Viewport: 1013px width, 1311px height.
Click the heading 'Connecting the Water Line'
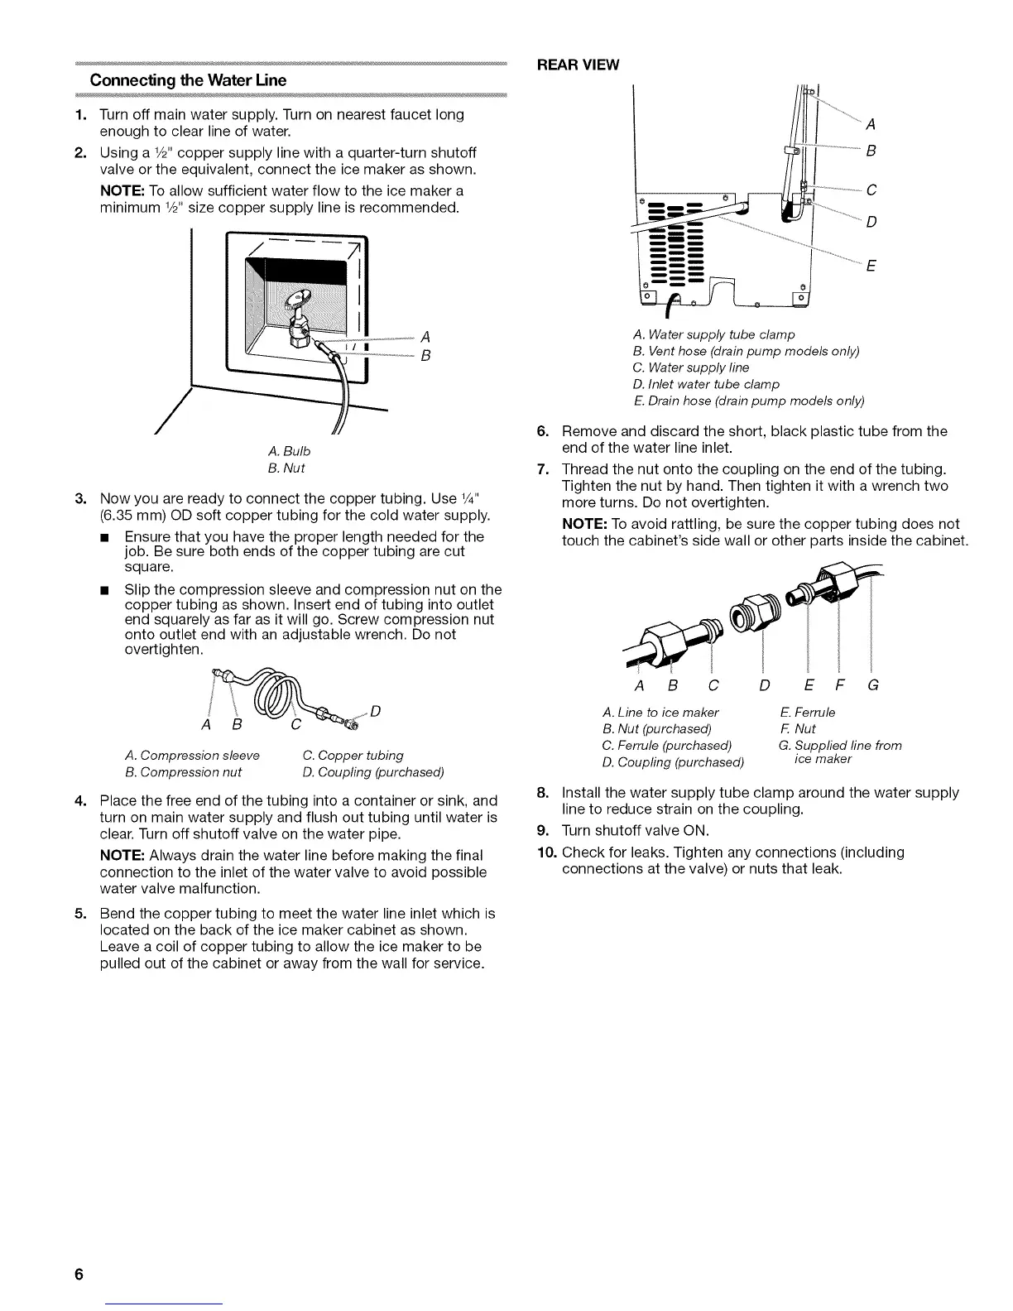pos(188,80)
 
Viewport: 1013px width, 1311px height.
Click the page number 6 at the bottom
pos(79,1274)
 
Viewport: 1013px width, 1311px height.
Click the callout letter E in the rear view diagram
pos(870,267)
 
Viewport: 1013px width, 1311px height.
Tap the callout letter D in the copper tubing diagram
pos(375,710)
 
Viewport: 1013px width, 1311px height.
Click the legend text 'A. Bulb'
pos(290,451)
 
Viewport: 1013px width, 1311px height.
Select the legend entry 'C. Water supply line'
pos(691,367)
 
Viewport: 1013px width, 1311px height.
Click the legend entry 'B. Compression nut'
pos(183,771)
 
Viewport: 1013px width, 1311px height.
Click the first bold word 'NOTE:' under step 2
pos(122,191)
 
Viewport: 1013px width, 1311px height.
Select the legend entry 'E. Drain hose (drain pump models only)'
pos(748,401)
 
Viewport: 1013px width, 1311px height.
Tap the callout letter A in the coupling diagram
pos(639,685)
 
